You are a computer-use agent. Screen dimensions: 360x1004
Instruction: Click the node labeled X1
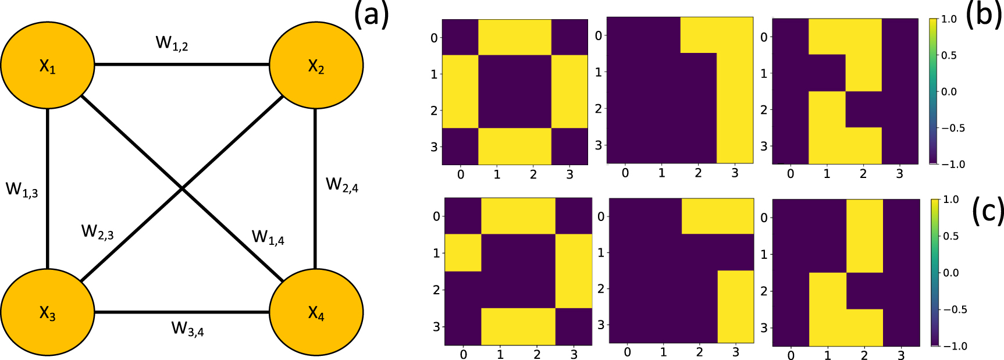click(48, 65)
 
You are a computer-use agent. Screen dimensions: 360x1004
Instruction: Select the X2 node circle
click(316, 65)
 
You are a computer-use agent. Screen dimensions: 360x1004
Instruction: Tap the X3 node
click(48, 312)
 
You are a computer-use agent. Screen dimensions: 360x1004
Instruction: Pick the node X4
click(316, 312)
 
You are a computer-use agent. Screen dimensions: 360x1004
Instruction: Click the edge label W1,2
click(172, 43)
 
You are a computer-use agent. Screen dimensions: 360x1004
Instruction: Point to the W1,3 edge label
click(22, 190)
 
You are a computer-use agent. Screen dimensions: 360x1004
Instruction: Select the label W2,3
click(97, 232)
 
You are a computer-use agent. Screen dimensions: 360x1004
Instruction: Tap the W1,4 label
click(268, 237)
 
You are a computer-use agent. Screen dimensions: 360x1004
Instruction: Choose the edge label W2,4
click(342, 185)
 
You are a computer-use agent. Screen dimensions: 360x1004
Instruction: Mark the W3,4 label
click(187, 329)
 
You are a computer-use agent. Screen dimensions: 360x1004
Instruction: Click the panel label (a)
click(371, 15)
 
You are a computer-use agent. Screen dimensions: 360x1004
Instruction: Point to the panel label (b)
click(984, 15)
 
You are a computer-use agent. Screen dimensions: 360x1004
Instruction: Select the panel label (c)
click(987, 212)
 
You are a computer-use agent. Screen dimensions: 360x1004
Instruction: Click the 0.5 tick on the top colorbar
click(949, 55)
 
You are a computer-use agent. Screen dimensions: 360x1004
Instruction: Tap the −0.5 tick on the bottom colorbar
click(954, 309)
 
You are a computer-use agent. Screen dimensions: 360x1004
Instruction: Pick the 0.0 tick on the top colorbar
click(949, 92)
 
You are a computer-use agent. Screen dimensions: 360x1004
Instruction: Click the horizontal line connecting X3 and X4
click(181, 312)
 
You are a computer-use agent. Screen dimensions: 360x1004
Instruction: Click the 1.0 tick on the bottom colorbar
click(950, 200)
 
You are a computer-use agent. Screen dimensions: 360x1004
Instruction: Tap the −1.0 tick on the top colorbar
click(953, 165)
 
